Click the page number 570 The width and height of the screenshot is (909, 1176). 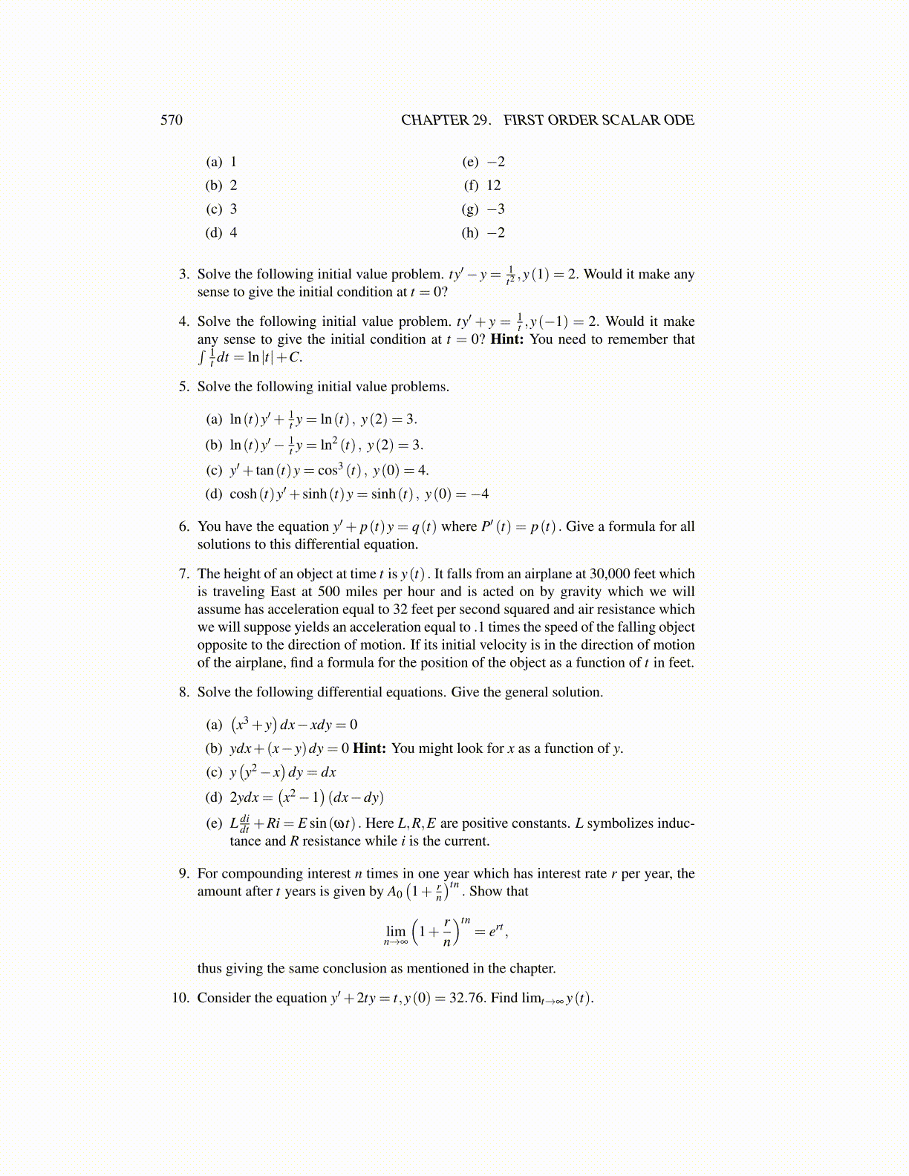point(172,120)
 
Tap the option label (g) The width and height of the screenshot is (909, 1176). point(470,209)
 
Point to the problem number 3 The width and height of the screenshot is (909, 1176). point(183,274)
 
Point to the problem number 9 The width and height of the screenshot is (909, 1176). point(183,874)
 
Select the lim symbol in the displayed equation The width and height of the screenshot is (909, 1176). point(396,931)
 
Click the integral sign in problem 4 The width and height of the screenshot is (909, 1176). point(201,357)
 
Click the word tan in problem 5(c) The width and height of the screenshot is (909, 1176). point(264,471)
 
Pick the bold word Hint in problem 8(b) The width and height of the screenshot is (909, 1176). point(368,748)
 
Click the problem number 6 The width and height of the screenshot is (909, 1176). point(183,526)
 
